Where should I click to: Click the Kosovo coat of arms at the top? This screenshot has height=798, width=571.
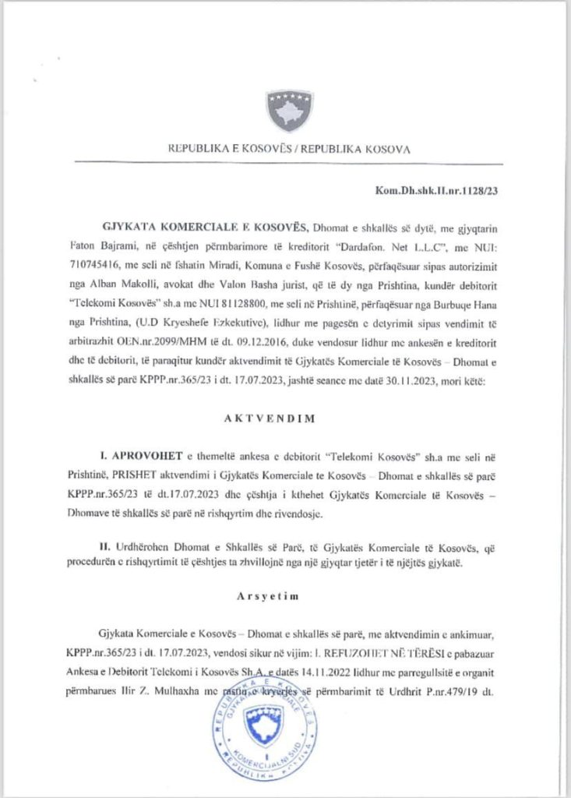click(x=290, y=110)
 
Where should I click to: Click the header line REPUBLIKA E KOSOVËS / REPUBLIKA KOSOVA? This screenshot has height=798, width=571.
click(x=289, y=148)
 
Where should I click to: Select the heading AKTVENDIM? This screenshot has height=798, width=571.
click(x=286, y=417)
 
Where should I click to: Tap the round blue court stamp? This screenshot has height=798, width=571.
click(x=265, y=733)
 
